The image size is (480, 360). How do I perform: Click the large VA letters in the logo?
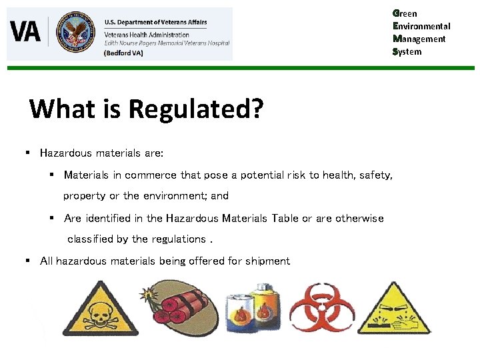[x=26, y=31]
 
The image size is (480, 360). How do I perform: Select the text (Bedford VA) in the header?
[x=123, y=53]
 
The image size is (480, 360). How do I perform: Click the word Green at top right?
[x=405, y=13]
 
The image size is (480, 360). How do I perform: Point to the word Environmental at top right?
[x=422, y=26]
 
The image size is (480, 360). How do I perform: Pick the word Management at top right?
[x=420, y=39]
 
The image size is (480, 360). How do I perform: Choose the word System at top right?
[x=407, y=51]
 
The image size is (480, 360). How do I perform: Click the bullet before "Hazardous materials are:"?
[x=28, y=153]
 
